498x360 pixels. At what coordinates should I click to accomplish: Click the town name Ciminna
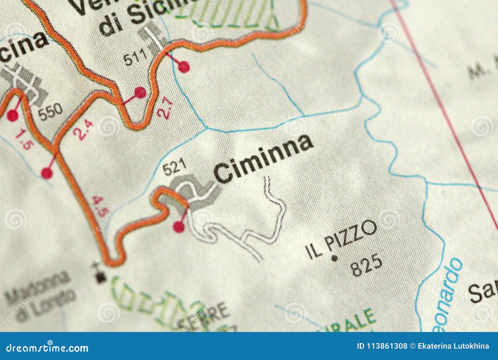[263, 159]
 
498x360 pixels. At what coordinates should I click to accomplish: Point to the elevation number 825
[366, 265]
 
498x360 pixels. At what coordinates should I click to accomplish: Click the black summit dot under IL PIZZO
[335, 258]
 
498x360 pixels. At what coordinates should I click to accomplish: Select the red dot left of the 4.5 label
[47, 173]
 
